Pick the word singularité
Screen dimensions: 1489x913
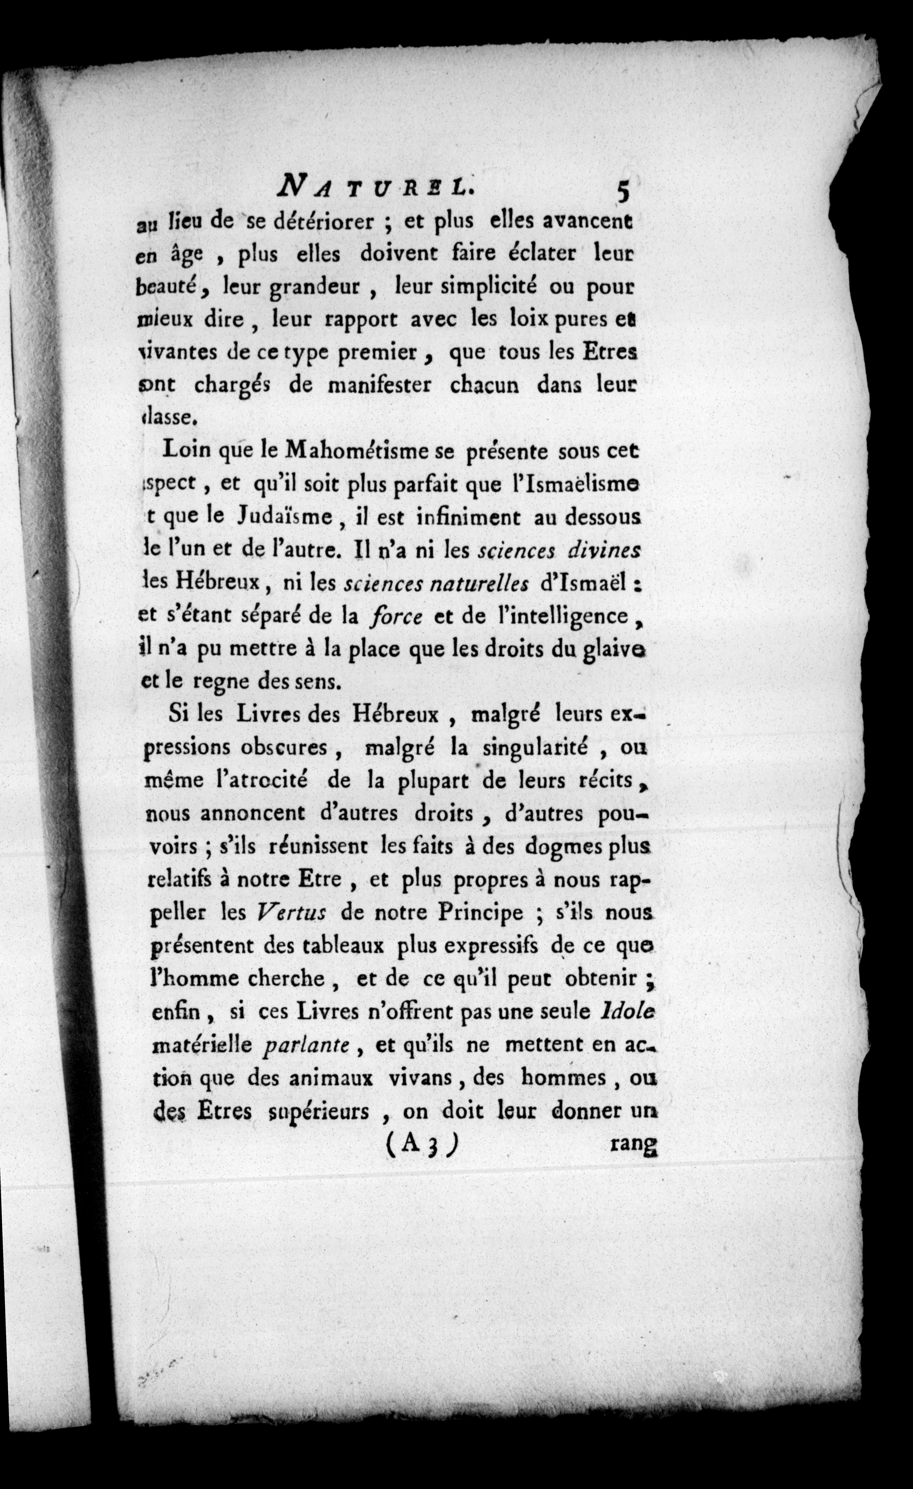point(535,747)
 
